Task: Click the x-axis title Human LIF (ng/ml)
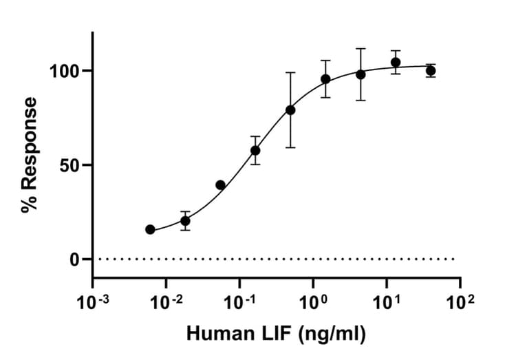[276, 335]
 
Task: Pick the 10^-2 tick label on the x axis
[166, 301]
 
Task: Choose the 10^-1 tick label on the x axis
[239, 301]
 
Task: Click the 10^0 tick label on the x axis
[314, 301]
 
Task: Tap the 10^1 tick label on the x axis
[387, 301]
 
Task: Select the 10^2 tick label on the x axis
[460, 301]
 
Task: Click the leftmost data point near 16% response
[150, 229]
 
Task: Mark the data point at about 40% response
[220, 184]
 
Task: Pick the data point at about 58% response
[255, 150]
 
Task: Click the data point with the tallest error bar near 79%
[290, 110]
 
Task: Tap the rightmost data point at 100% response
[431, 71]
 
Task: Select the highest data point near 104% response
[396, 63]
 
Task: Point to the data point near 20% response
[185, 221]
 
